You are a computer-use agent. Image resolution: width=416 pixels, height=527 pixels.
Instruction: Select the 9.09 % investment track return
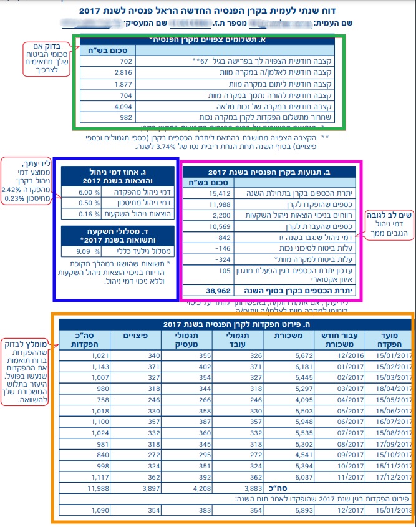tap(84, 252)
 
